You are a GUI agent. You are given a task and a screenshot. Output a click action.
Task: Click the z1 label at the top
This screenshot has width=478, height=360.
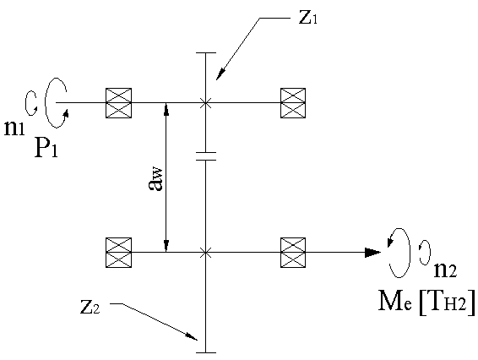pos(308,18)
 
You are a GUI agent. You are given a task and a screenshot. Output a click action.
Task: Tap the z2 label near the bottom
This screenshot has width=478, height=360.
pos(90,308)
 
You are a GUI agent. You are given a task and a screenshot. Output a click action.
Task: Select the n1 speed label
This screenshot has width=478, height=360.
pos(14,128)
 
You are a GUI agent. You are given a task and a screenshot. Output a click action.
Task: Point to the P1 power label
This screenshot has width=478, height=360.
pos(46,147)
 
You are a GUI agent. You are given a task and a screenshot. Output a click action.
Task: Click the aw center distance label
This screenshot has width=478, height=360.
pos(155,179)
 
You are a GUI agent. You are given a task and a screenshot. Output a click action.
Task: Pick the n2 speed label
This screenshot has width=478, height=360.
pos(445,270)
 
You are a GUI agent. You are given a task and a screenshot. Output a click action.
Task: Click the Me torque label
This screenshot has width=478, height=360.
pos(395,301)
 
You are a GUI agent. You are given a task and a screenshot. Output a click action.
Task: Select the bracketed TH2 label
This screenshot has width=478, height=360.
pos(448,302)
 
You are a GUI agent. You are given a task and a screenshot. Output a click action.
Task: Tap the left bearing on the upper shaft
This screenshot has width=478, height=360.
pos(118,103)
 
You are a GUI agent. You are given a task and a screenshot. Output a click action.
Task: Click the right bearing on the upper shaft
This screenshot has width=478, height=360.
pos(293,103)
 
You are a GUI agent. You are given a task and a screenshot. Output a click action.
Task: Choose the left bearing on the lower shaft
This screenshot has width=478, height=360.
pos(118,253)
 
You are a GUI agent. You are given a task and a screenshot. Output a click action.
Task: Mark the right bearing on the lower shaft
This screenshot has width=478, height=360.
pos(293,253)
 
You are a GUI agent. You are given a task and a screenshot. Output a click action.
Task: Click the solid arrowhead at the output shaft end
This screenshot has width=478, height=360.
pos(373,253)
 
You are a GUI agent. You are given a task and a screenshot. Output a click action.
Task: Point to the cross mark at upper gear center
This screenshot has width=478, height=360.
pos(206,103)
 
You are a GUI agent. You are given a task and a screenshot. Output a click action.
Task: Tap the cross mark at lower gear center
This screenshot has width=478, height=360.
pos(206,253)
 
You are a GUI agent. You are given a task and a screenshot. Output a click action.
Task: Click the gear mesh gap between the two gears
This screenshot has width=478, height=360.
pos(206,155)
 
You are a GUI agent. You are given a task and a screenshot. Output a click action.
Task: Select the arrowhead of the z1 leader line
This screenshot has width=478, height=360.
pos(220,75)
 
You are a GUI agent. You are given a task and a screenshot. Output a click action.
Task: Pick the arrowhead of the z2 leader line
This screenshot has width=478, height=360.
pos(192,336)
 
